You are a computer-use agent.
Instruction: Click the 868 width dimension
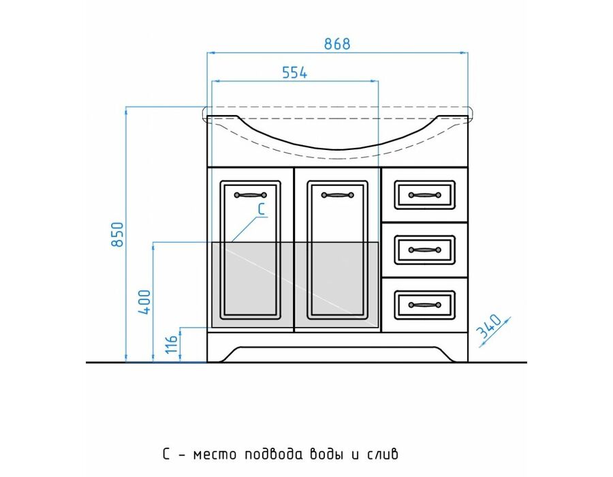pyautogui.click(x=337, y=44)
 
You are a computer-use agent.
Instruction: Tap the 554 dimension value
pyautogui.click(x=295, y=73)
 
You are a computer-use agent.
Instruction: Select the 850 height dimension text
pyautogui.click(x=117, y=234)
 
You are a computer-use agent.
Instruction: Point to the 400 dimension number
pyautogui.click(x=144, y=303)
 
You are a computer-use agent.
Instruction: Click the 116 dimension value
pyautogui.click(x=172, y=344)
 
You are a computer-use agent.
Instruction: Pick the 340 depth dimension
pyautogui.click(x=489, y=326)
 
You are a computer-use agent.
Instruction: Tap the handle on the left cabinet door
pyautogui.click(x=250, y=195)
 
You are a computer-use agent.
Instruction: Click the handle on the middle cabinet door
pyautogui.click(x=337, y=195)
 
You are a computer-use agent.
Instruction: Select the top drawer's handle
pyautogui.click(x=424, y=195)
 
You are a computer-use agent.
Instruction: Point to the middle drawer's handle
pyautogui.click(x=424, y=250)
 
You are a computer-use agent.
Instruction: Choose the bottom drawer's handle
pyautogui.click(x=424, y=305)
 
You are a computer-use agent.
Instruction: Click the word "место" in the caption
pyautogui.click(x=215, y=455)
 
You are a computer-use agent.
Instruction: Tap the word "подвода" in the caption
pyautogui.click(x=274, y=454)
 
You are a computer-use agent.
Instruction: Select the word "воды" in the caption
pyautogui.click(x=326, y=454)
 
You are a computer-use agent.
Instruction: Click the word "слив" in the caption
pyautogui.click(x=383, y=455)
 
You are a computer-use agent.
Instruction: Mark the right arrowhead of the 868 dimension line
pyautogui.click(x=465, y=52)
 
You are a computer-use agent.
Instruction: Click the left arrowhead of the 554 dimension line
pyautogui.click(x=215, y=81)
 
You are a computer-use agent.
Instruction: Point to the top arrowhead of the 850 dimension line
pyautogui.click(x=126, y=110)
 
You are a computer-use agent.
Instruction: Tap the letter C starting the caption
pyautogui.click(x=166, y=455)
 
